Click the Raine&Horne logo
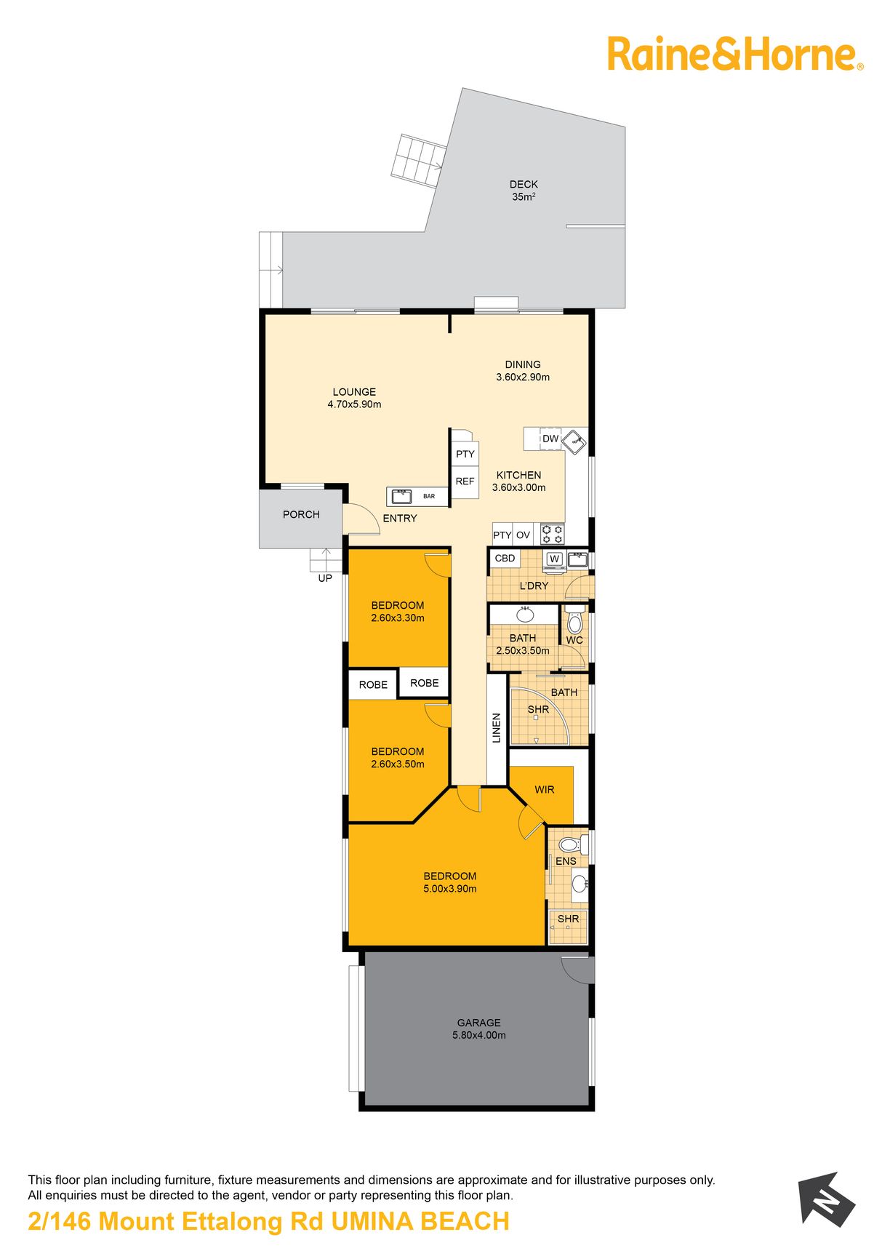click(x=735, y=55)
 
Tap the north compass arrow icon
click(x=827, y=1199)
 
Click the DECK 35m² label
click(x=524, y=191)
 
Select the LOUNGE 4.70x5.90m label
click(x=354, y=398)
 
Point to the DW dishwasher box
click(x=550, y=439)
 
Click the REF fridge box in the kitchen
click(x=465, y=481)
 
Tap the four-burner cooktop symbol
click(x=553, y=535)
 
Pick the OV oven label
click(x=523, y=535)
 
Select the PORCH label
click(x=301, y=514)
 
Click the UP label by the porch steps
click(x=325, y=578)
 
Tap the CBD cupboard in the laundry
click(x=505, y=559)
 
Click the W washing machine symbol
click(x=555, y=559)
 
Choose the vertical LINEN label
click(x=497, y=728)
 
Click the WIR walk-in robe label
click(x=545, y=790)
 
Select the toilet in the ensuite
click(x=572, y=844)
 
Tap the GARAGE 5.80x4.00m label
click(x=479, y=1028)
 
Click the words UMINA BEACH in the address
click(x=420, y=1222)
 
